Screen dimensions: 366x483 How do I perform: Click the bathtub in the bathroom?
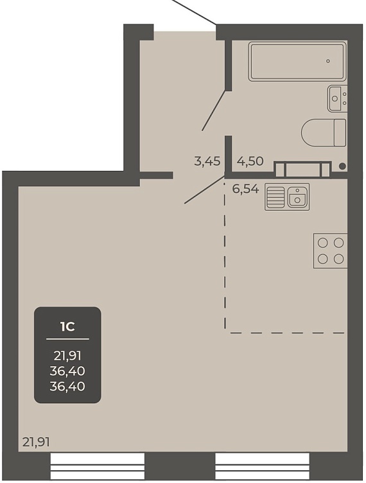tap(297, 61)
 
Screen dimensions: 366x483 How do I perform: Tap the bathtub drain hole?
tap(328, 61)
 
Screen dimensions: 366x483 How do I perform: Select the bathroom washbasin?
tap(337, 98)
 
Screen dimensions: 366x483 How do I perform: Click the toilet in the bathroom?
tap(324, 132)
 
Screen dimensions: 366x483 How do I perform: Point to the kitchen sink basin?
tap(297, 197)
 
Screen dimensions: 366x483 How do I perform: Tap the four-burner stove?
tap(331, 250)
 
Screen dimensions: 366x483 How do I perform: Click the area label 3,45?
tap(207, 161)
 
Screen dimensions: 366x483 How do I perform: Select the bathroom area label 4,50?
tap(250, 161)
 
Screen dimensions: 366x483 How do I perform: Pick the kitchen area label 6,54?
tap(245, 189)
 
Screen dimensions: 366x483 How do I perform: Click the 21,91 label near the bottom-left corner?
tap(36, 443)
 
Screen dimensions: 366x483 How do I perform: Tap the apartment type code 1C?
tap(67, 327)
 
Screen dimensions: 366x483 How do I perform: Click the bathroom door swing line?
tap(214, 110)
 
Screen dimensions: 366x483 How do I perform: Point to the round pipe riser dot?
tap(342, 166)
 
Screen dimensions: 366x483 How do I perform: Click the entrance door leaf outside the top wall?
tap(193, 12)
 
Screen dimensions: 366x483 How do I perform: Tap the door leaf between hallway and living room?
tap(205, 189)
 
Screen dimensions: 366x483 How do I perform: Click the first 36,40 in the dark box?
tap(67, 371)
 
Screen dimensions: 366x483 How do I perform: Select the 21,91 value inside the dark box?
tap(67, 356)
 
